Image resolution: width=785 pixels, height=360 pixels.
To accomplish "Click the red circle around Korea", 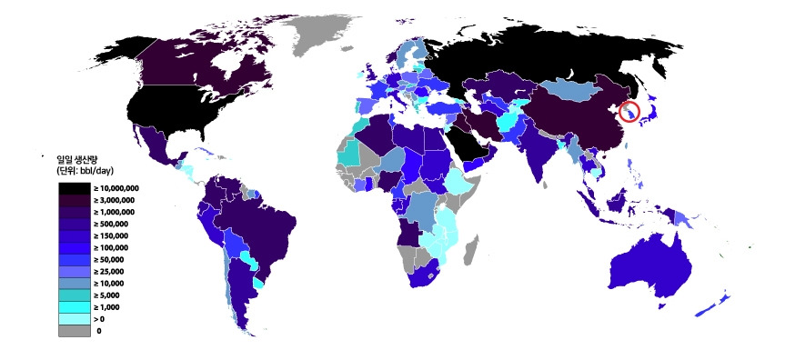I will (x=629, y=112).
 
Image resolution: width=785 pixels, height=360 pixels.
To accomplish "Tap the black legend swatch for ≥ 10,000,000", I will (x=75, y=188).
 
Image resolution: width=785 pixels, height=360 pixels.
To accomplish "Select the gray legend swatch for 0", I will (x=75, y=331).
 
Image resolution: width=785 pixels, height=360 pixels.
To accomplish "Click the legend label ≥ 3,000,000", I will (x=116, y=200).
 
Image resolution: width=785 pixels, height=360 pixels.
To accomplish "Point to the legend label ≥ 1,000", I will (x=110, y=307).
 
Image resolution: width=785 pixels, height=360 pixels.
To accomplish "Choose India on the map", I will (x=540, y=150).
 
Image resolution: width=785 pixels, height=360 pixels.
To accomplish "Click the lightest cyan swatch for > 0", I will (x=75, y=319).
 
